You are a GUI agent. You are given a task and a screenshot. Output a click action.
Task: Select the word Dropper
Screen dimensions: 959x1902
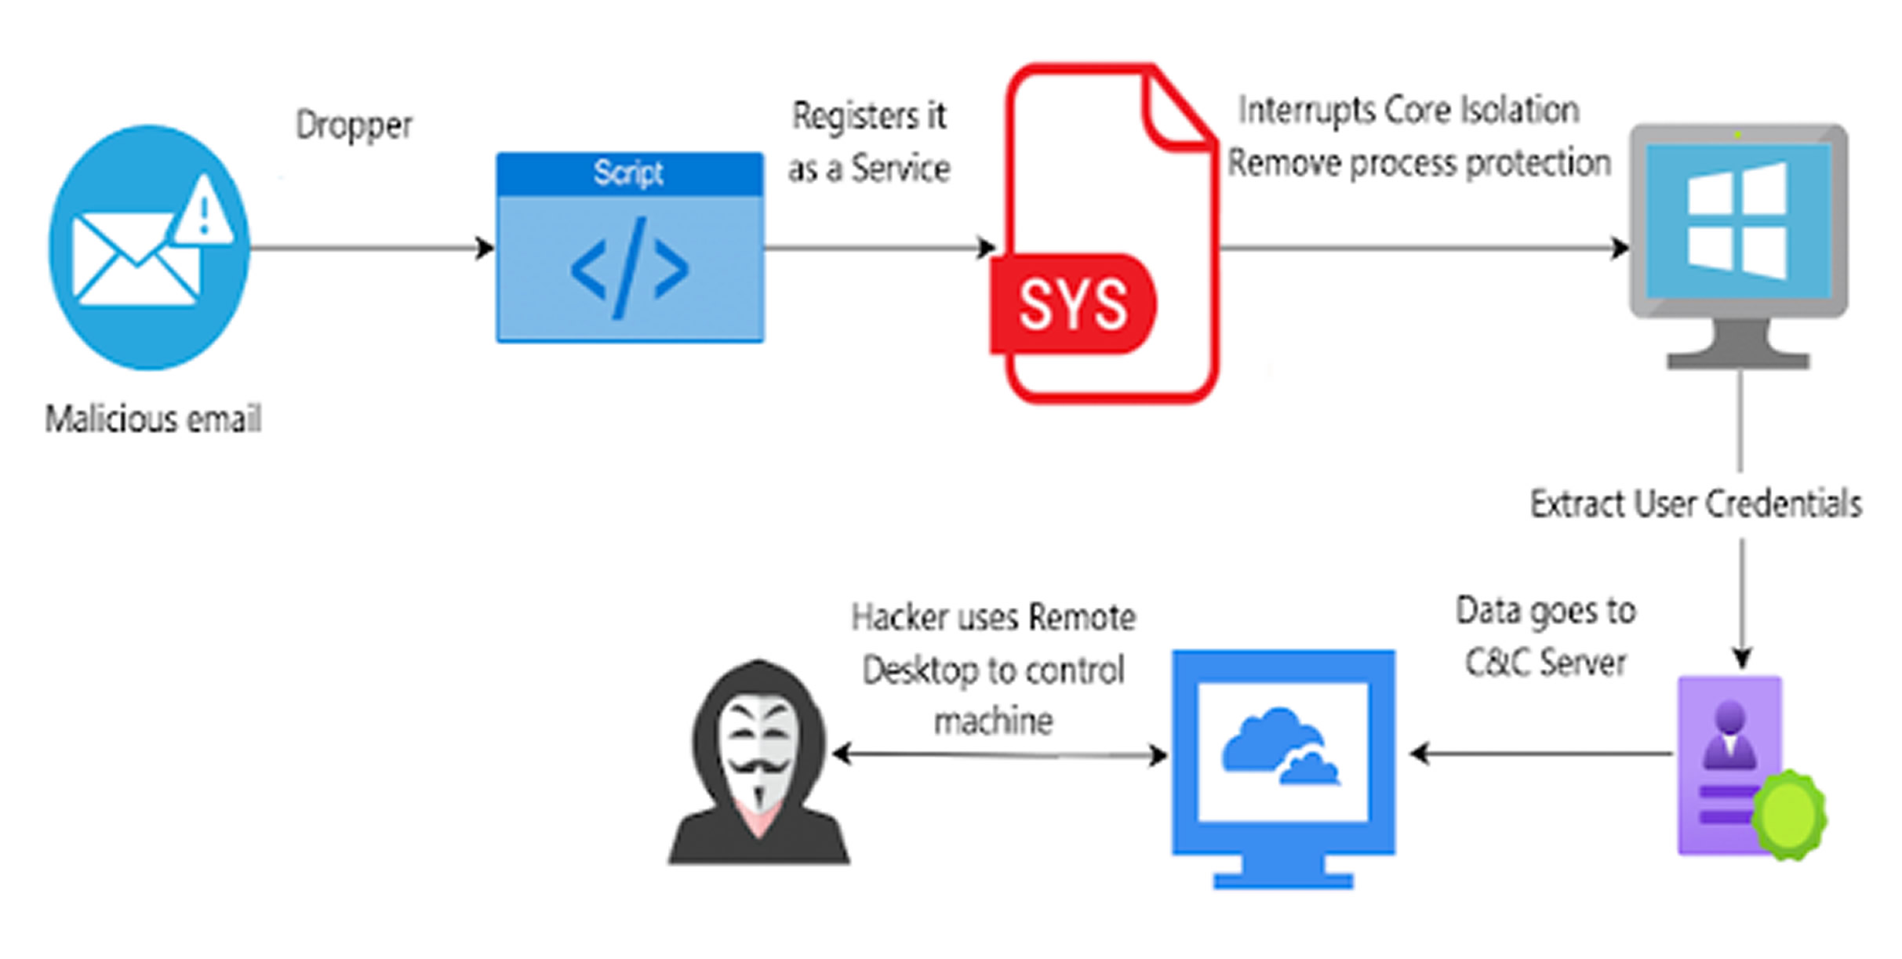pyautogui.click(x=354, y=125)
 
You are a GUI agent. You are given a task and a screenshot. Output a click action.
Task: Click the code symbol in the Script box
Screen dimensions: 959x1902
pyautogui.click(x=630, y=268)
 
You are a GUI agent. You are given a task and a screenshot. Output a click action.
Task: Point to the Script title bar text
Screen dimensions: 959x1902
pyautogui.click(x=628, y=173)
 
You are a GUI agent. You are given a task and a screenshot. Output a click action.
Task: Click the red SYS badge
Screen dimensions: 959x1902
pyautogui.click(x=1072, y=303)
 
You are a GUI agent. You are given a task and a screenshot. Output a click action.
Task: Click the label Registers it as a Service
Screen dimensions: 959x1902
pyautogui.click(x=869, y=142)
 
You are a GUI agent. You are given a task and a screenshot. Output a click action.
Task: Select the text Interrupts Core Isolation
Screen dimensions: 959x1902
pyautogui.click(x=1409, y=111)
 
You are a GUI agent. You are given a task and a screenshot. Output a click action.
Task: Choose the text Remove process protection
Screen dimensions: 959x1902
pyautogui.click(x=1419, y=163)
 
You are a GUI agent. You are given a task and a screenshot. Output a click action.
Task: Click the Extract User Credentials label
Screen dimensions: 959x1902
pyautogui.click(x=1696, y=503)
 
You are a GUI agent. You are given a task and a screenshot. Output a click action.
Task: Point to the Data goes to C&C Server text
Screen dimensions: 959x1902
pyautogui.click(x=1545, y=636)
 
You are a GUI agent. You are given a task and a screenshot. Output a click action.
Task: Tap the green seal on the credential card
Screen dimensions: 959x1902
pyautogui.click(x=1788, y=813)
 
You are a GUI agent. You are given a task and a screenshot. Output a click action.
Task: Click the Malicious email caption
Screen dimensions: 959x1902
pyautogui.click(x=153, y=419)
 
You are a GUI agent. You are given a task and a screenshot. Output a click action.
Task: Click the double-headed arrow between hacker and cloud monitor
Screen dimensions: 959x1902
pyautogui.click(x=1000, y=755)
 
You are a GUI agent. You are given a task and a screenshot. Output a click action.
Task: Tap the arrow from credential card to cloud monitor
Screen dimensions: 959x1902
pyautogui.click(x=1541, y=754)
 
